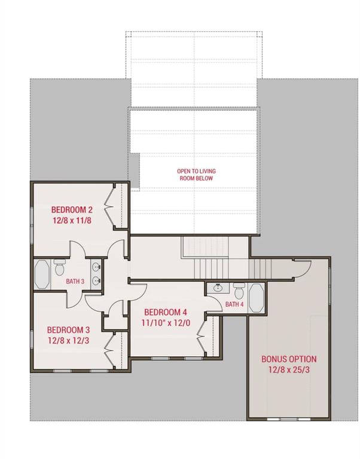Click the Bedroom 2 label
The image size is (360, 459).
tap(72, 210)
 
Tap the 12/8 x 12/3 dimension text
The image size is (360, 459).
tap(68, 341)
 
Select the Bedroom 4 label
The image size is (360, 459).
tap(166, 312)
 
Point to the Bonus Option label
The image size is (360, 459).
tap(289, 359)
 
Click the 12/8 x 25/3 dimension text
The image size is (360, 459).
tap(289, 370)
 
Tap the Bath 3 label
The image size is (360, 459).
tap(75, 281)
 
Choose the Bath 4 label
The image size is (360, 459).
tap(234, 304)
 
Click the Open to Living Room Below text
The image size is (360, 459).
tap(196, 175)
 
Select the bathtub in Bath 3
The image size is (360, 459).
tap(42, 274)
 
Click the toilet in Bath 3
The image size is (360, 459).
tap(59, 268)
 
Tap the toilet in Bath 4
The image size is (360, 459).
tap(239, 290)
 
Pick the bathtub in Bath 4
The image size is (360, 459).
tap(256, 298)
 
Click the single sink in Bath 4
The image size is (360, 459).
tap(218, 288)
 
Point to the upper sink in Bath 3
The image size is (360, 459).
tap(96, 267)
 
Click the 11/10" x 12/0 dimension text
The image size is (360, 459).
tap(166, 323)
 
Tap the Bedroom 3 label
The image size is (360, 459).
tap(68, 330)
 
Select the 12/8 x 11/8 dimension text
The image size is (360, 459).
tap(72, 220)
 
